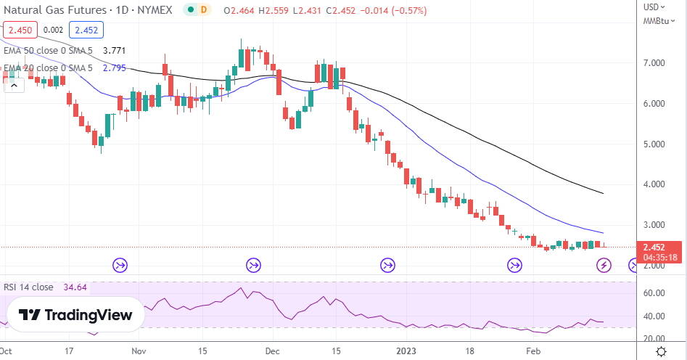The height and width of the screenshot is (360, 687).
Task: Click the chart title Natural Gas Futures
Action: (51, 11)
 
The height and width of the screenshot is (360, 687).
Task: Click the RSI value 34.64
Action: (75, 287)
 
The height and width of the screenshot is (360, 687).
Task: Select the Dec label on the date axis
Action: (273, 351)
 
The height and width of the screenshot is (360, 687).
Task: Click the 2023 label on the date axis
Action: (407, 351)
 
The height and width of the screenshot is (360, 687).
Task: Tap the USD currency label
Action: (651, 7)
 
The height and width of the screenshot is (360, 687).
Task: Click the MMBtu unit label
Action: (657, 21)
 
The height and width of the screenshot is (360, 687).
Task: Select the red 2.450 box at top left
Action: (17, 30)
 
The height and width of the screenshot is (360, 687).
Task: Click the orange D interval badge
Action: (204, 11)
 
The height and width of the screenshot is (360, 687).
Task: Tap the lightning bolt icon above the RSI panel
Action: (603, 264)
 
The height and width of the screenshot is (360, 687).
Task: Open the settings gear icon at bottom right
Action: (662, 351)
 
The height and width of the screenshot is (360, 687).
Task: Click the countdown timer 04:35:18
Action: (655, 257)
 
